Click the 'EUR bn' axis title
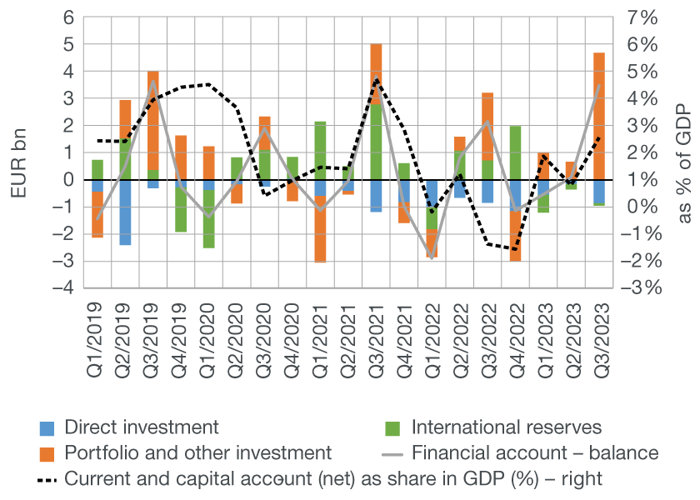(x=19, y=152)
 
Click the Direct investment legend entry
(x=141, y=427)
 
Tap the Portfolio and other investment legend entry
(x=197, y=453)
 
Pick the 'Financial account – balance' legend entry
(x=534, y=453)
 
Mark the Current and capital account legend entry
(x=332, y=479)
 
